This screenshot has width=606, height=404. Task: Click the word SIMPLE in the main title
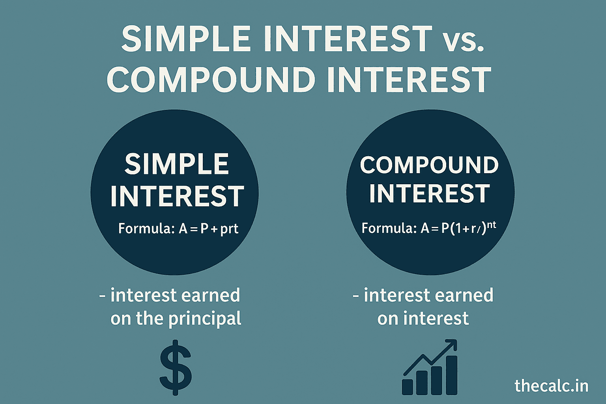[186, 39]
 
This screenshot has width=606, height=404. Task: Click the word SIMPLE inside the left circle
[176, 164]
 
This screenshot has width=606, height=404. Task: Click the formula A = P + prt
[208, 229]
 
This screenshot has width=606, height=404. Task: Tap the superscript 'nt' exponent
[491, 225]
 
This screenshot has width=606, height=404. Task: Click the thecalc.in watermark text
[551, 385]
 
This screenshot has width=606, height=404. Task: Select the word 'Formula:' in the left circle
[146, 229]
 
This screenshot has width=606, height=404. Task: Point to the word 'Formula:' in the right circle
[389, 228]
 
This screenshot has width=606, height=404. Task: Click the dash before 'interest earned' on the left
[103, 296]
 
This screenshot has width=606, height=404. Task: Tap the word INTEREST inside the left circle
[176, 196]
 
